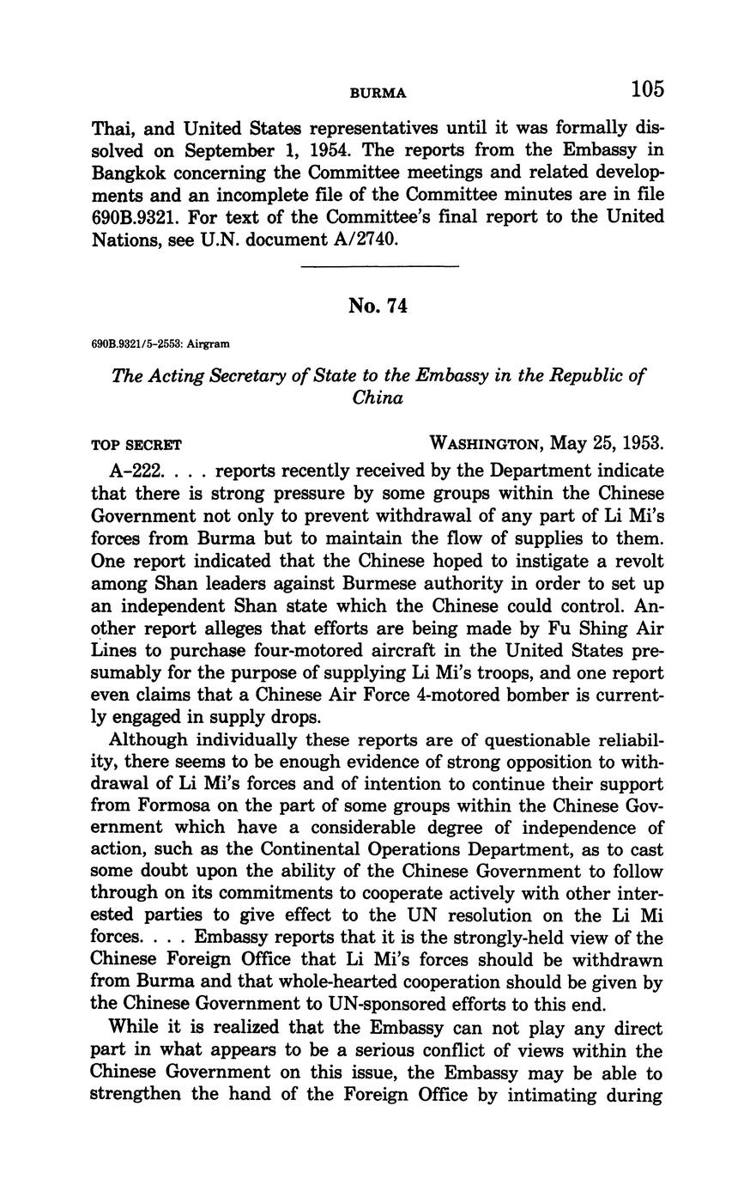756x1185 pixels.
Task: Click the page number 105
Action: pyautogui.click(x=647, y=89)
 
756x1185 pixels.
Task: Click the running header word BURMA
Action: pyautogui.click(x=378, y=92)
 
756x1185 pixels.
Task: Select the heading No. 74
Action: pyautogui.click(x=378, y=306)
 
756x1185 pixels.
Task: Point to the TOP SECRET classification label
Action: pyautogui.click(x=136, y=447)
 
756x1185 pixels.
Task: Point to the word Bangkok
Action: pyautogui.click(x=129, y=173)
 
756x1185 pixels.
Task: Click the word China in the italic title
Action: pyautogui.click(x=378, y=398)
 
